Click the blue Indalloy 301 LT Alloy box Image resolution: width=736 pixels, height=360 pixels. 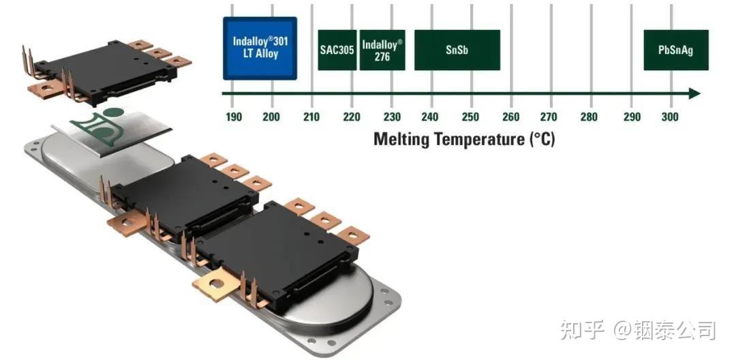[x=260, y=48]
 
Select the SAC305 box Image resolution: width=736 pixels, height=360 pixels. [x=337, y=50]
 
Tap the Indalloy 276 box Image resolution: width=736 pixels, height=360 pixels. [x=382, y=50]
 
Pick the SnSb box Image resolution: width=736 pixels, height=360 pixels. [x=457, y=50]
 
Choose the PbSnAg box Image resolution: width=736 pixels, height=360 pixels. [x=676, y=50]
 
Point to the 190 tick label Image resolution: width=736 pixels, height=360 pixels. [x=234, y=117]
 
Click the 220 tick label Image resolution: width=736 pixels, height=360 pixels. [x=352, y=117]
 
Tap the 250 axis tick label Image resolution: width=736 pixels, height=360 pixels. [x=470, y=117]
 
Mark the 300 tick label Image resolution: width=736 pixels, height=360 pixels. [x=670, y=117]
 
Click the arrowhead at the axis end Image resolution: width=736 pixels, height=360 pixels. [x=694, y=93]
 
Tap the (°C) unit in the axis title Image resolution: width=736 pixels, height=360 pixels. [x=542, y=139]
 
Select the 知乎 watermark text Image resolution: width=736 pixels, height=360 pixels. [x=582, y=330]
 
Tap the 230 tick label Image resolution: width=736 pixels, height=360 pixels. [x=391, y=117]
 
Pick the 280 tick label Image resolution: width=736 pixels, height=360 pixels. [x=589, y=117]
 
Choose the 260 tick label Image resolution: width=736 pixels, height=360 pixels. [x=510, y=117]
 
